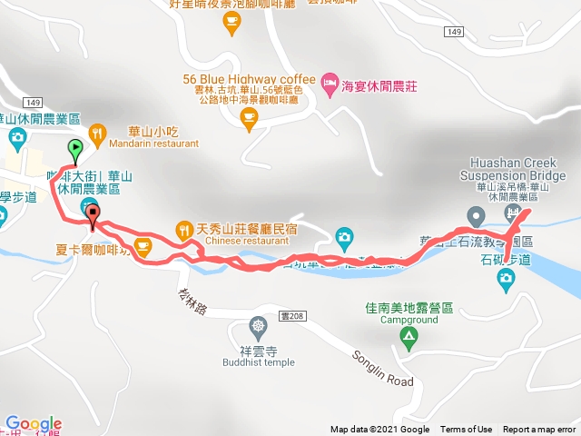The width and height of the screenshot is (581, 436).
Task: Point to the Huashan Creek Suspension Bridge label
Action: (x=512, y=170)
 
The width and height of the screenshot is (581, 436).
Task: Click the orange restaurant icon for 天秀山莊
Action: (x=183, y=228)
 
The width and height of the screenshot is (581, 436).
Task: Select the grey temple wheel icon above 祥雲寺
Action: (x=260, y=325)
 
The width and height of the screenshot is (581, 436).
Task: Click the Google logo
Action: (x=34, y=424)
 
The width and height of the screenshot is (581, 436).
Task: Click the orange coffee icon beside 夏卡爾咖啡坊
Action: (x=143, y=244)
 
